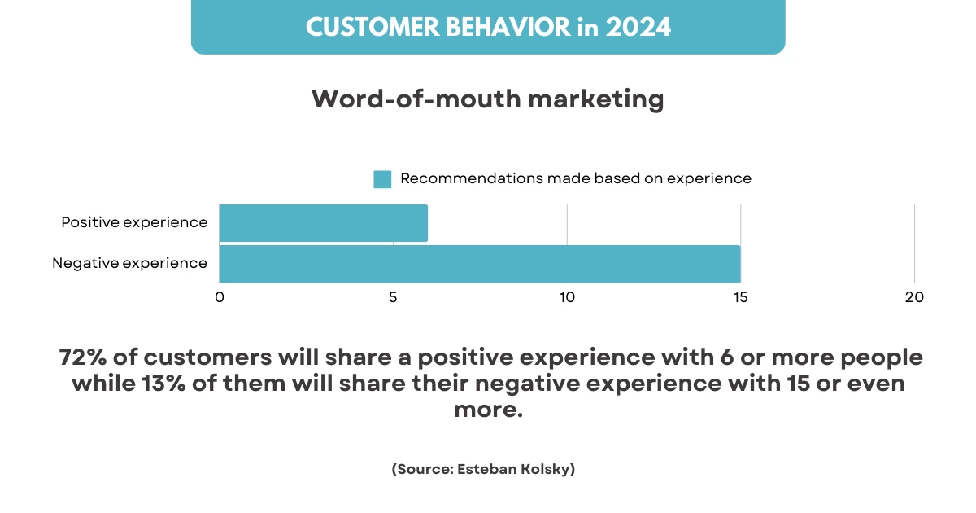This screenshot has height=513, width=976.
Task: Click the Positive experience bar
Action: coord(324,222)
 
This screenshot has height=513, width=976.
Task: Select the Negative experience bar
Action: coord(480,264)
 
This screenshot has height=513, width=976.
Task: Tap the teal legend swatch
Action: coord(382,179)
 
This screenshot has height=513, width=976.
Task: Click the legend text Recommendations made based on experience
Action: coord(576,178)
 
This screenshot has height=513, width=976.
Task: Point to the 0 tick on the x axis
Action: coord(220,297)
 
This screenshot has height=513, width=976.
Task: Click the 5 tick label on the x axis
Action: coord(393,297)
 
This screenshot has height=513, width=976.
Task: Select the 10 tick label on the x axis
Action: coord(567,297)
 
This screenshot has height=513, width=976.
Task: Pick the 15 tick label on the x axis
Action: coord(741,297)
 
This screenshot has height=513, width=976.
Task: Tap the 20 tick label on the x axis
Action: coord(914,297)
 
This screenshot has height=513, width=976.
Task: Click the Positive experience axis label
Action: coord(134,222)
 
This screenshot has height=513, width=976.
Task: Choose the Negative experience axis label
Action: coord(129,263)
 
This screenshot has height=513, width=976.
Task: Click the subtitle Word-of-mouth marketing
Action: coord(488,99)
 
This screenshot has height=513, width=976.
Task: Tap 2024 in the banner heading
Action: coord(638,27)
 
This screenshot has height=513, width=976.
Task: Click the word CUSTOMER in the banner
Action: coord(373,27)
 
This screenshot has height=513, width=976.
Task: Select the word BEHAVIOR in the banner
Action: coord(508,27)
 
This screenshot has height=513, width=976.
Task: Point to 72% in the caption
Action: coord(82,357)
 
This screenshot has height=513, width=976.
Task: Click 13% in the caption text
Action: coord(163,384)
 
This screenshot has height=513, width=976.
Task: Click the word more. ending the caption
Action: coord(488,410)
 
